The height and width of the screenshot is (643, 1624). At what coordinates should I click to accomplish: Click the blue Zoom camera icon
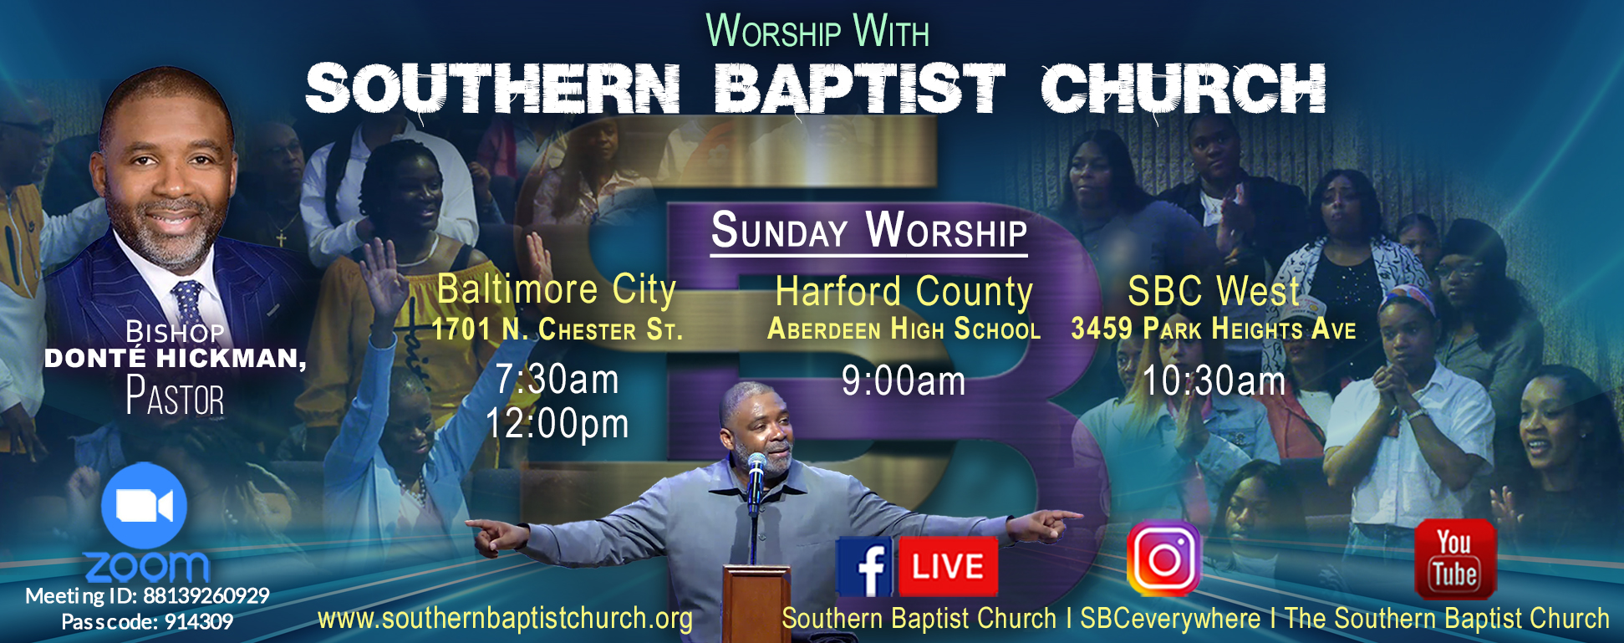[x=144, y=506]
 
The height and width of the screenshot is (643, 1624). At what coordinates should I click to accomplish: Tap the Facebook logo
[x=865, y=566]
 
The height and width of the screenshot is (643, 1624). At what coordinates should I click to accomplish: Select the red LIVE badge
[x=948, y=566]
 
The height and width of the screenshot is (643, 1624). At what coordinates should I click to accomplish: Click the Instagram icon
[x=1163, y=558]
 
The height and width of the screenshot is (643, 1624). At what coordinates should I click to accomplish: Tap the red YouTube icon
[x=1454, y=559]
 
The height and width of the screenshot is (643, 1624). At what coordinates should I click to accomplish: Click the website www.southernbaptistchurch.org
[x=505, y=619]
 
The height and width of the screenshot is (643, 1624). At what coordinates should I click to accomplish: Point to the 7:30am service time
[x=557, y=380]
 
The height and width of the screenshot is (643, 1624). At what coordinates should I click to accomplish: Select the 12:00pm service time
[x=557, y=424]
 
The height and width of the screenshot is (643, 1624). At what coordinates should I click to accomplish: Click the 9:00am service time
[x=904, y=381]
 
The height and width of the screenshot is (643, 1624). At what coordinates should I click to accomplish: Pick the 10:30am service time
[x=1214, y=381]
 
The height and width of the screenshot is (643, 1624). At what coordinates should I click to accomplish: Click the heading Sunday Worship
[x=869, y=230]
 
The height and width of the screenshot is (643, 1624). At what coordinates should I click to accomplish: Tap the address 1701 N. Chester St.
[x=557, y=329]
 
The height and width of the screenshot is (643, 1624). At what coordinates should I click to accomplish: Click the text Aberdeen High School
[x=904, y=329]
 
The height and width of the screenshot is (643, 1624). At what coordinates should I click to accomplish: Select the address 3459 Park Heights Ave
[x=1214, y=329]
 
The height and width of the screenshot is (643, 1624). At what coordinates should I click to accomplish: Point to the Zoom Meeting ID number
[x=206, y=595]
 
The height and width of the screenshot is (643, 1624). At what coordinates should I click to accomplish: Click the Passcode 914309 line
[x=147, y=622]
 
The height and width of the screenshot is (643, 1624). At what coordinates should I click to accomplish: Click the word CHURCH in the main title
[x=1184, y=89]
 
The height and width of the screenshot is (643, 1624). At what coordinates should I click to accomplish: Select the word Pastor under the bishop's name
[x=175, y=396]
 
